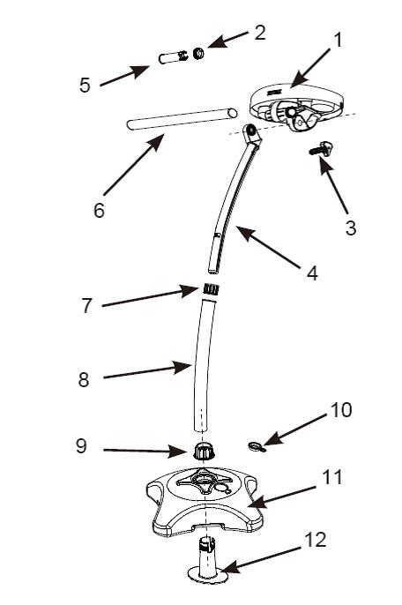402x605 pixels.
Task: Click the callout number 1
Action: (x=338, y=41)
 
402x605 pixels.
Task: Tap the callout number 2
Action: (x=260, y=33)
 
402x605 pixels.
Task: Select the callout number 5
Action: (x=85, y=85)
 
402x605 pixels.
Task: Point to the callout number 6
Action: (x=99, y=210)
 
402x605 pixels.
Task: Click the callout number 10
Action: (x=341, y=409)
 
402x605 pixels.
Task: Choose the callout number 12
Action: (x=316, y=540)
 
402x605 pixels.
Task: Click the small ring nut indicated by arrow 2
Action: (x=198, y=54)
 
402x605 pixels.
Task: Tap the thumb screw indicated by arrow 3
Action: (x=322, y=149)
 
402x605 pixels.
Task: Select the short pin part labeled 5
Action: (x=173, y=58)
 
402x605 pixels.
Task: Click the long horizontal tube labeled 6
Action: (x=182, y=119)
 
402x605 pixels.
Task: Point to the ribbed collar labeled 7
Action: (x=211, y=289)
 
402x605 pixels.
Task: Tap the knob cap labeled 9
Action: (x=204, y=451)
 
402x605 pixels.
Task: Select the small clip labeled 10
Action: (x=257, y=447)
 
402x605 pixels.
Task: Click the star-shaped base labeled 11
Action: (x=205, y=502)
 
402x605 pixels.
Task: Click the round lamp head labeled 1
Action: (x=296, y=106)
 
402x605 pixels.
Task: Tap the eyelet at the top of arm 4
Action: (x=252, y=131)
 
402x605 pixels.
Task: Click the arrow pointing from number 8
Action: (x=147, y=370)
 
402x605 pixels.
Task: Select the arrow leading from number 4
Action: (x=268, y=247)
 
